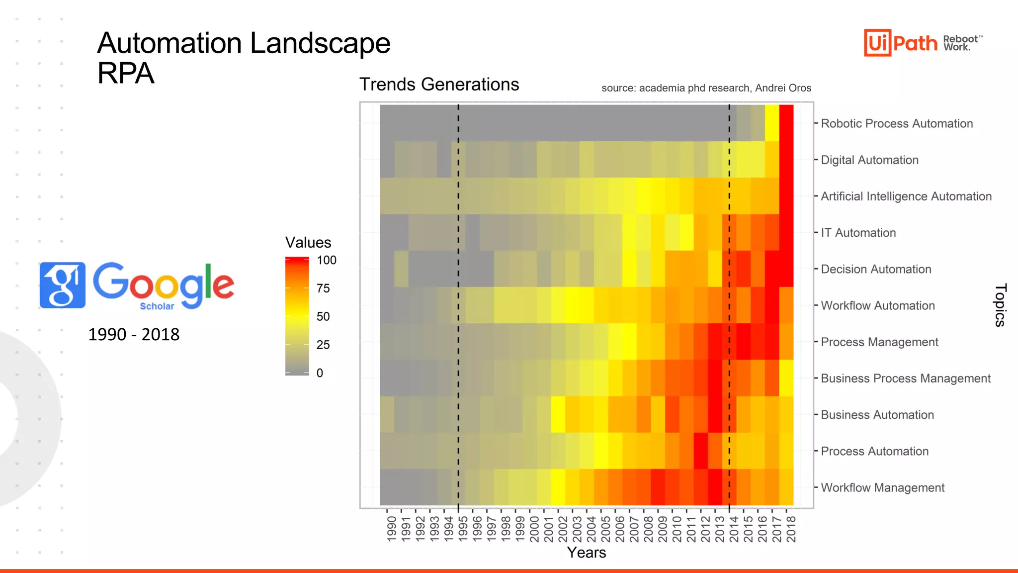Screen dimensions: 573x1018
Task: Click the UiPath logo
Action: [901, 43]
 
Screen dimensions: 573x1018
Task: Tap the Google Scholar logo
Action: [137, 285]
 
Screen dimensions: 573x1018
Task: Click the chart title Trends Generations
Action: [439, 85]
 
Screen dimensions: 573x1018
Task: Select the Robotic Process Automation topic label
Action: [896, 123]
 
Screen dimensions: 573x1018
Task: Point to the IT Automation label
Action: [858, 233]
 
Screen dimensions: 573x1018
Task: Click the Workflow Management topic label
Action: [882, 487]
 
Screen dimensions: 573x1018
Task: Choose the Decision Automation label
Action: [876, 269]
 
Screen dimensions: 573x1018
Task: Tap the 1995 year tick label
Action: [463, 529]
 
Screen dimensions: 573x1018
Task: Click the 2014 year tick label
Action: [734, 529]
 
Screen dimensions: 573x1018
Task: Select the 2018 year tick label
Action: [791, 529]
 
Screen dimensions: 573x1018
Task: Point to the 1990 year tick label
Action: [392, 529]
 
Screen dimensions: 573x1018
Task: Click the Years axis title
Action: [587, 553]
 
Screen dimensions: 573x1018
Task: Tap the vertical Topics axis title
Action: [1000, 305]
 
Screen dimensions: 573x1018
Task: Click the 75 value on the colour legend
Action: [323, 288]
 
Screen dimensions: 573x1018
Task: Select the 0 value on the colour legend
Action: [320, 373]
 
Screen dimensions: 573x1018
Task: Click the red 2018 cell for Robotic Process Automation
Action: [786, 123]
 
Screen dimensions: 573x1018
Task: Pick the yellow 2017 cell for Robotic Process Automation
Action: [772, 123]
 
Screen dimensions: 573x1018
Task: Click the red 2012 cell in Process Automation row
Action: [700, 451]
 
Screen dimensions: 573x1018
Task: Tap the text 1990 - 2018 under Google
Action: [134, 334]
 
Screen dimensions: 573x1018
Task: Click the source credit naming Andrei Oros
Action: [706, 88]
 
